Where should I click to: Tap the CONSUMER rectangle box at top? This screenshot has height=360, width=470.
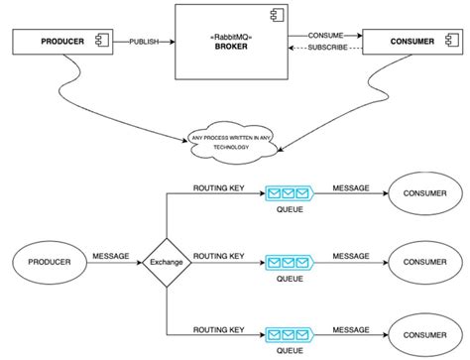[410, 43]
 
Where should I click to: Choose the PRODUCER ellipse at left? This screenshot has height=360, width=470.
[48, 263]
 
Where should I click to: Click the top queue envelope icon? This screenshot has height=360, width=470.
[290, 194]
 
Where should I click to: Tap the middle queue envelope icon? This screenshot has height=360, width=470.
[290, 263]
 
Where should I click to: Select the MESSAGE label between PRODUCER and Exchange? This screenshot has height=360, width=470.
[110, 256]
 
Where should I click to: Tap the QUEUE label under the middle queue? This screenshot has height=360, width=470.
[290, 280]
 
